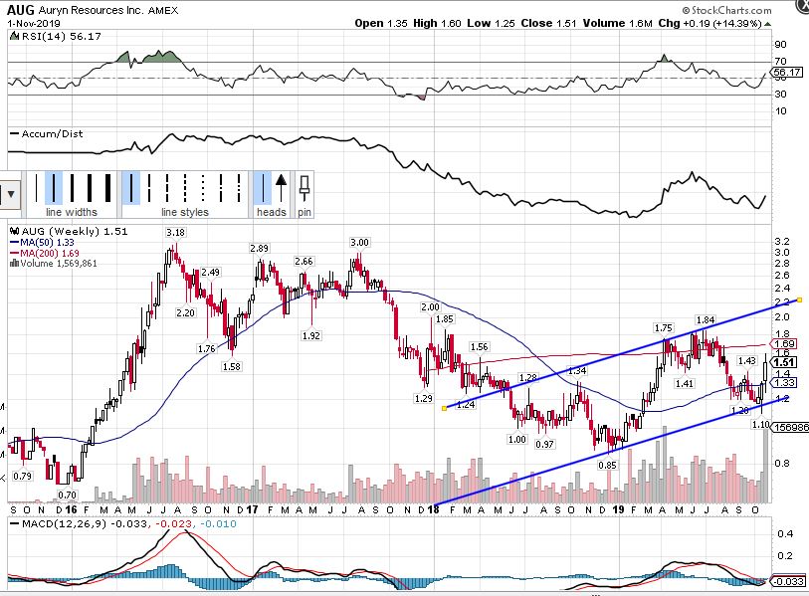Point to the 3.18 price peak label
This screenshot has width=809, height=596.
tap(175, 233)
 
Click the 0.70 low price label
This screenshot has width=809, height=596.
tap(68, 495)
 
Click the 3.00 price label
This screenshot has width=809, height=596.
tap(359, 243)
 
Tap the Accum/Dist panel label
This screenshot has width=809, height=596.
tap(44, 133)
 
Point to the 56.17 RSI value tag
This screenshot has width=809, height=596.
tap(786, 73)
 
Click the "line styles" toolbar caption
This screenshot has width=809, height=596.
tap(185, 212)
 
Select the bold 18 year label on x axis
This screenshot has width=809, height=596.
tap(434, 509)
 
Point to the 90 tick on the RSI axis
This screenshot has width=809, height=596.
tap(780, 44)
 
